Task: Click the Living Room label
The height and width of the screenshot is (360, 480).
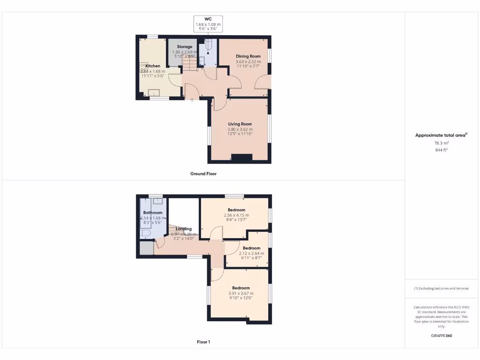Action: tap(240, 124)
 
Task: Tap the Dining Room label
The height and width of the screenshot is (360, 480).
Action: tap(248, 56)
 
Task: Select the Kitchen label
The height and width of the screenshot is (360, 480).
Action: tap(153, 66)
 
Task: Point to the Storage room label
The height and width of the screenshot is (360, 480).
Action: tap(185, 47)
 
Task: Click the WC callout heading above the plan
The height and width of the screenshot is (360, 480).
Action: tap(209, 19)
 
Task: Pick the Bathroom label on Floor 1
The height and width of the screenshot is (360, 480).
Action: tap(153, 213)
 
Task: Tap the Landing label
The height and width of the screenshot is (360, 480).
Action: tap(184, 229)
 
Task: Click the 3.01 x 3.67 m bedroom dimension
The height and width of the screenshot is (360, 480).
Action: tap(240, 293)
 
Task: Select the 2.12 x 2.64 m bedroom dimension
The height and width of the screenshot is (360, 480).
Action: tap(251, 253)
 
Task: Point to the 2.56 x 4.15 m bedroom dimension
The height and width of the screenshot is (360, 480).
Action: tap(236, 215)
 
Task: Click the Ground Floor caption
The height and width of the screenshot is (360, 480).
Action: tap(203, 173)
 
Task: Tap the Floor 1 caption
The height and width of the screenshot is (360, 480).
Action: tap(203, 342)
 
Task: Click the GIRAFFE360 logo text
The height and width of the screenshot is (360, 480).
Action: tap(441, 336)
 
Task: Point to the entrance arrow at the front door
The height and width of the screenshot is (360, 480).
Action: tap(192, 100)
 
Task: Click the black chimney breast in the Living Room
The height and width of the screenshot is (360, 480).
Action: tap(241, 158)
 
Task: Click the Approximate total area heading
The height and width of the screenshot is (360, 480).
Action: tap(441, 135)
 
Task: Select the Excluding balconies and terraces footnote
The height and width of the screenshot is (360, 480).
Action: tap(441, 288)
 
